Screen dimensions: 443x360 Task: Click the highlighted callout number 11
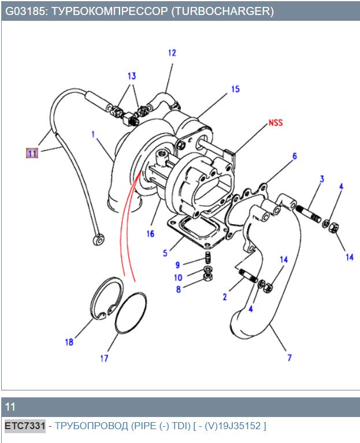coord(31,153)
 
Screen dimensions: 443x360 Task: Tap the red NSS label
coord(276,123)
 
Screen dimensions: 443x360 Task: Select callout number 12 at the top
coord(172,53)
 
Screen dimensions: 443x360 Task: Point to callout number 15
coord(235,90)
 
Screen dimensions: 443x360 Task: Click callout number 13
coord(132,76)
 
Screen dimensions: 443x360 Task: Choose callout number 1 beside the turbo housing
coord(92,134)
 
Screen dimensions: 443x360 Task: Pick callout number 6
coord(294,156)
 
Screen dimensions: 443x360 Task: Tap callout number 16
coord(150,234)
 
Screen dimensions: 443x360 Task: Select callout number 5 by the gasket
coord(165,252)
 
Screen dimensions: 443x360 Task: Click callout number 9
coord(179,265)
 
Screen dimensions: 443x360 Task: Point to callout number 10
coord(179,278)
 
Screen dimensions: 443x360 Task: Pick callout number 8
coord(179,289)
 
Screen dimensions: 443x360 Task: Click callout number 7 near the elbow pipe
coord(290,358)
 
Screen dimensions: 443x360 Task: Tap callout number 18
coord(69,342)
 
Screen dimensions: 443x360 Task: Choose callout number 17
coord(104,359)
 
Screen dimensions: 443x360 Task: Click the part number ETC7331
coord(25,426)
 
